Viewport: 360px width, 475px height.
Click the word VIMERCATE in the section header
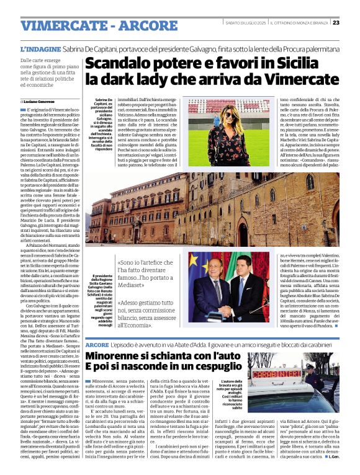pyautogui.click(x=62, y=25)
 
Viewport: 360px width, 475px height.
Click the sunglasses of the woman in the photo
pyautogui.click(x=229, y=116)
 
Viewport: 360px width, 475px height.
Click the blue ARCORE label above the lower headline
pyautogui.click(x=97, y=344)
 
